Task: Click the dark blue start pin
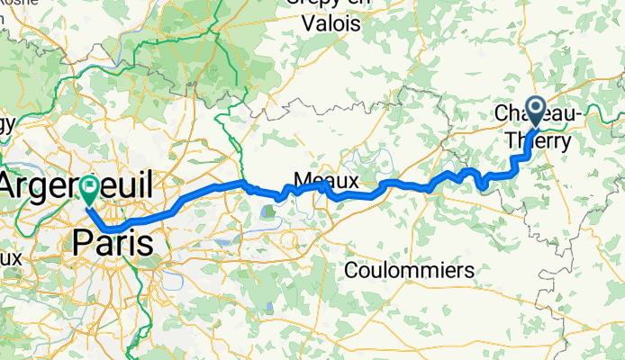point(535,112)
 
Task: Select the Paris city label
point(112,242)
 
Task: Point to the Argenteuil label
point(76,186)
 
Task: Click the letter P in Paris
point(82,242)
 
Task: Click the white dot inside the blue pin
point(535,109)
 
